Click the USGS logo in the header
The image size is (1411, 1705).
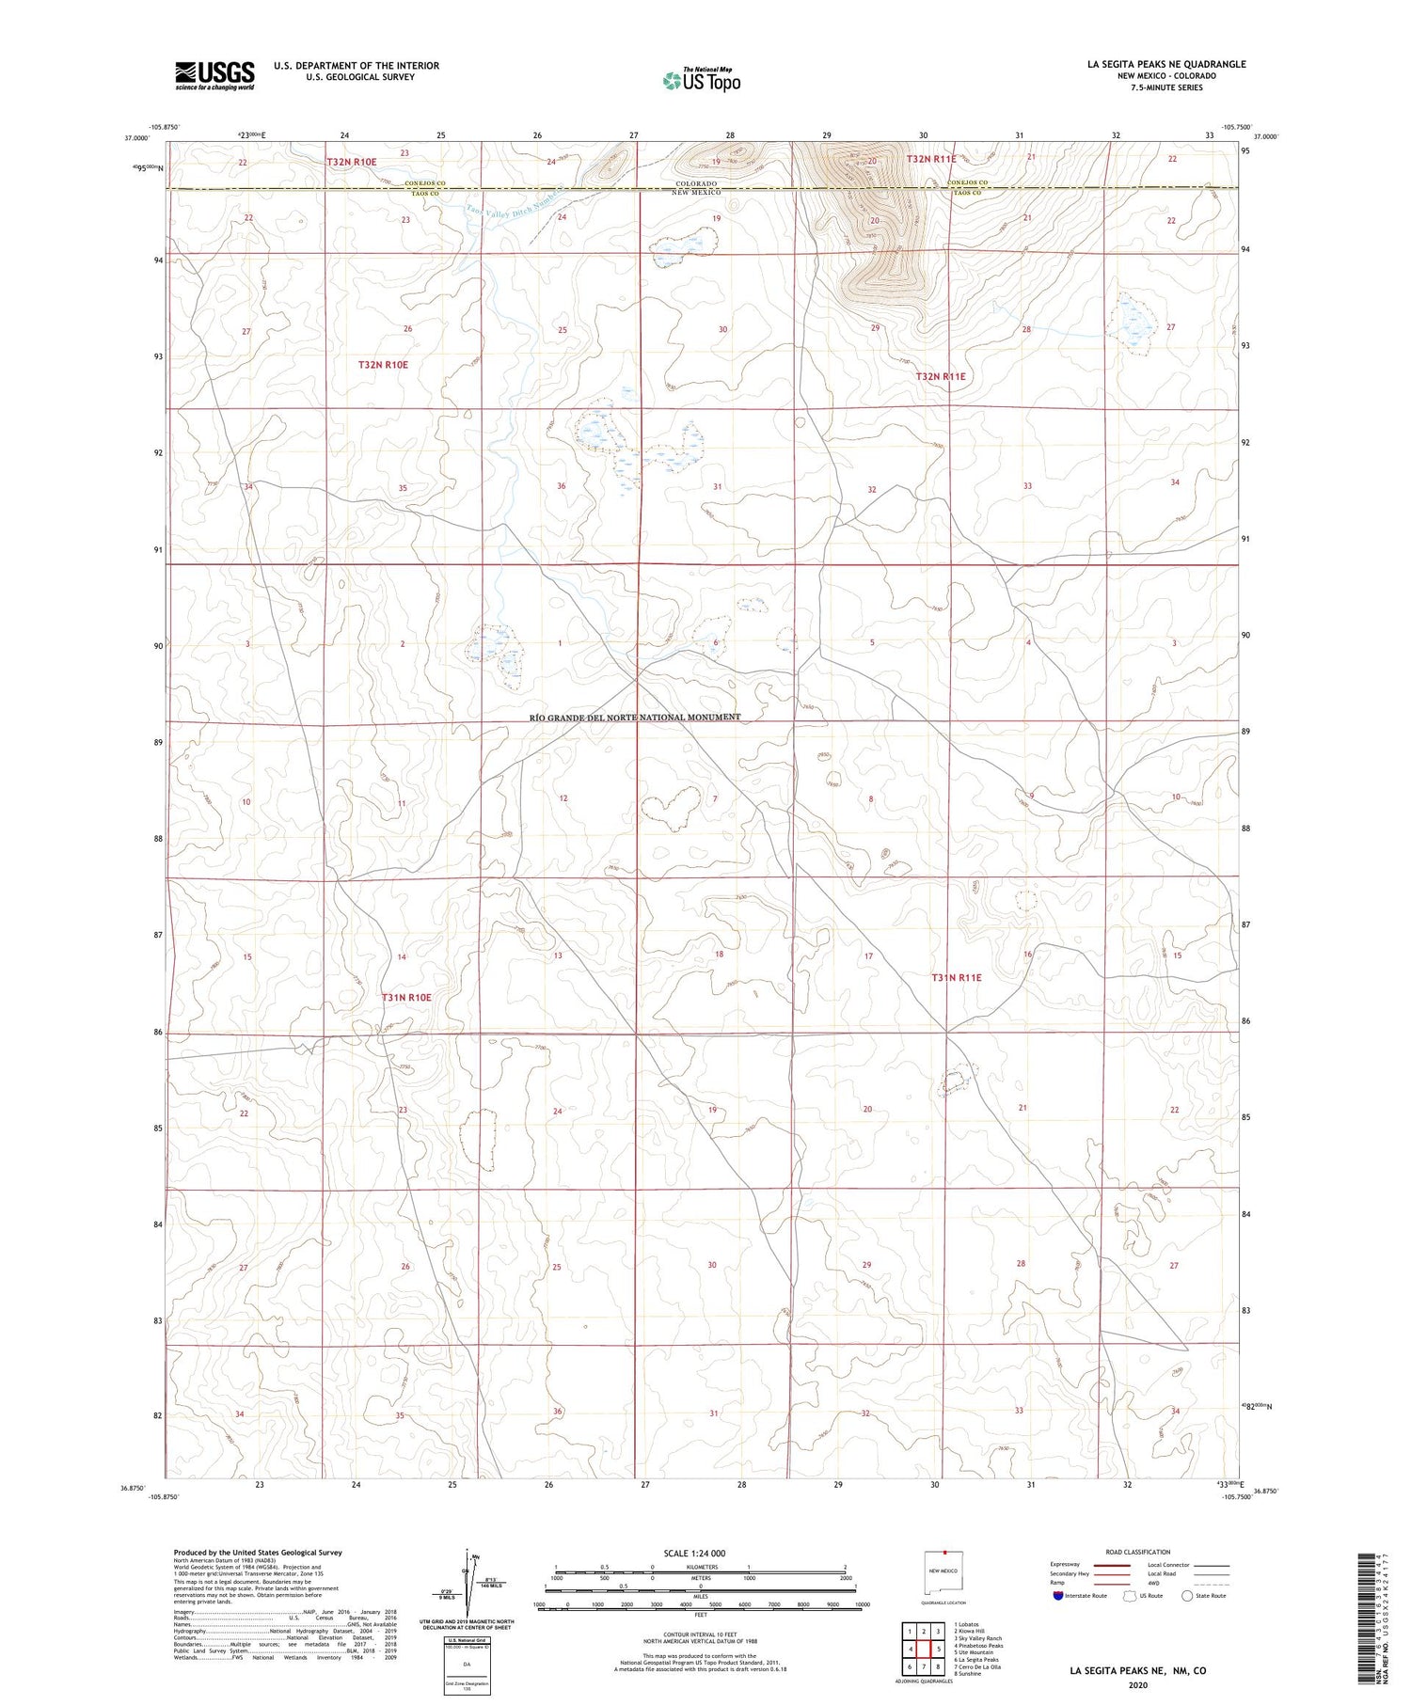(214, 75)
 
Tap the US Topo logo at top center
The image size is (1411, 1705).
(702, 81)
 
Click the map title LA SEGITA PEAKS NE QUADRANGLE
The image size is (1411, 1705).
(1166, 64)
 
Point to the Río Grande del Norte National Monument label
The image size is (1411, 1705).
(635, 717)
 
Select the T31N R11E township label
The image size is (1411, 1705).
(957, 977)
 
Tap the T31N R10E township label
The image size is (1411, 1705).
(406, 997)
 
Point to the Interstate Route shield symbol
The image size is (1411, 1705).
(1057, 1596)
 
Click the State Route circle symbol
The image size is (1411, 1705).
(1188, 1596)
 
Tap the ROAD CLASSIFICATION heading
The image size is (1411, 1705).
(1137, 1552)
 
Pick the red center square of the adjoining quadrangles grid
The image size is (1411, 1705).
(924, 1649)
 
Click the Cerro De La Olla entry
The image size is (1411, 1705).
(978, 1666)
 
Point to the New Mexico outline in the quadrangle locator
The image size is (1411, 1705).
(943, 1571)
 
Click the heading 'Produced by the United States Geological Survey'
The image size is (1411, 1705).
(258, 1553)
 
